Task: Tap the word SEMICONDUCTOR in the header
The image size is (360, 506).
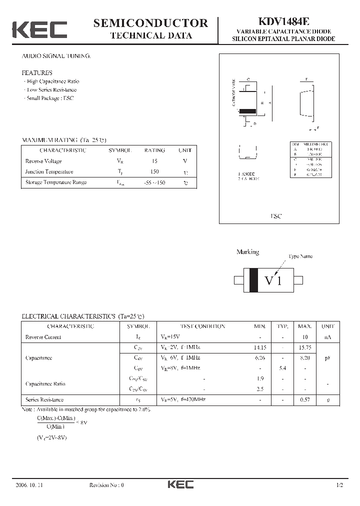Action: tap(150, 22)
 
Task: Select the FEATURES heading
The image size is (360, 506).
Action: tap(37, 72)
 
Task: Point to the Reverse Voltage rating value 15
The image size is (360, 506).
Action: tap(154, 161)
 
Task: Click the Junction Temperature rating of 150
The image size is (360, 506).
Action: tap(154, 171)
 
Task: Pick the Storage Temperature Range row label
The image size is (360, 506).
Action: tap(56, 182)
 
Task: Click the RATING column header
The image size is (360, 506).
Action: tap(154, 150)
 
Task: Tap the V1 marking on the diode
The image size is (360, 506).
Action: tap(273, 280)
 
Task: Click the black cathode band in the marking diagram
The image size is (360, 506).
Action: tap(253, 280)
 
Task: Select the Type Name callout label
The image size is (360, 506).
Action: tap(300, 256)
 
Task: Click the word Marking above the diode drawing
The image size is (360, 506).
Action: tap(247, 252)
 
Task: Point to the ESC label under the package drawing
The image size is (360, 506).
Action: tap(276, 216)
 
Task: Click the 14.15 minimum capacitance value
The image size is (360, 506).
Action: tap(260, 347)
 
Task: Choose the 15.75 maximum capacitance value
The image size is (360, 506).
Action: tap(305, 347)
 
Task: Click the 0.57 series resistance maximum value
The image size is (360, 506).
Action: tap(305, 399)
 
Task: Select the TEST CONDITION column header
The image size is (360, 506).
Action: tap(202, 326)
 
